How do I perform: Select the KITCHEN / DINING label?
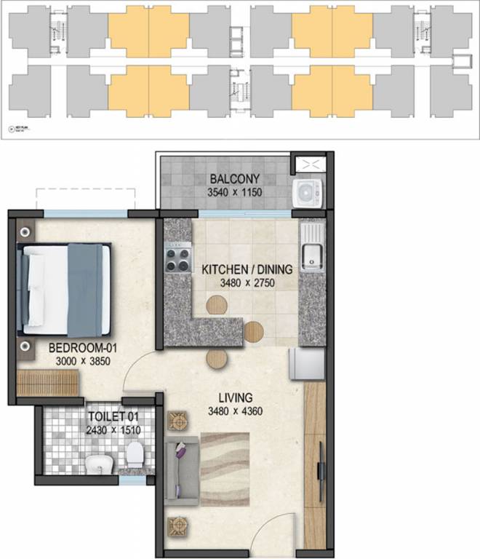(x=247, y=269)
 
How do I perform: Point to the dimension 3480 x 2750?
(x=248, y=282)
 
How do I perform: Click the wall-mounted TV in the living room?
(x=321, y=465)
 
